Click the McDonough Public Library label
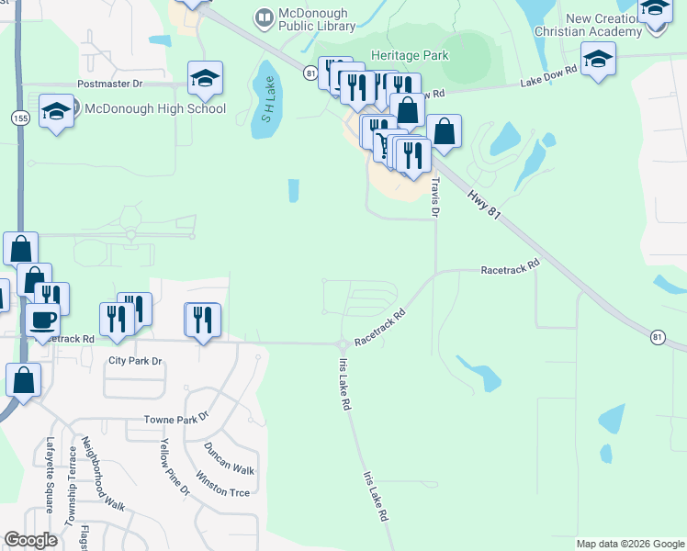(318, 18)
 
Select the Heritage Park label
(410, 55)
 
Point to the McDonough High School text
(154, 108)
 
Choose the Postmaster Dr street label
(110, 84)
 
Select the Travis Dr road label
(434, 197)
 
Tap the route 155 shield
(19, 118)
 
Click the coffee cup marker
(43, 320)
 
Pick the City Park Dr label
(134, 361)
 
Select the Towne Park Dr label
(177, 420)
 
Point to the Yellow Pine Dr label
(174, 467)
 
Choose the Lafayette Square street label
(51, 474)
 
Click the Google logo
(30, 540)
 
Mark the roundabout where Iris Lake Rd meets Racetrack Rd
(342, 345)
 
